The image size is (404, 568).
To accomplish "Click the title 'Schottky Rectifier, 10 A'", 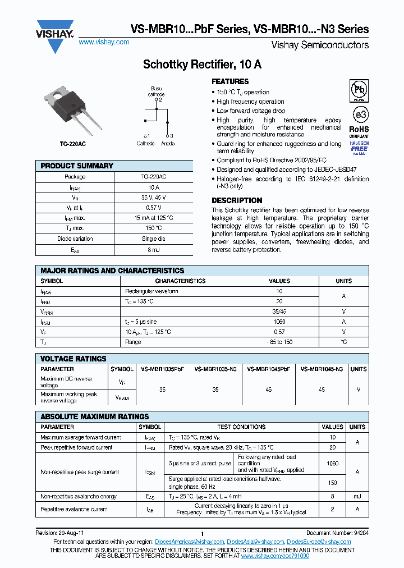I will click(x=202, y=65).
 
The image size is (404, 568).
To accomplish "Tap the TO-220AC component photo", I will click(x=69, y=110).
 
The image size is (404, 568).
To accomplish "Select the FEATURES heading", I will click(x=230, y=81).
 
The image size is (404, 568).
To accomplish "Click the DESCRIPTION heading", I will click(x=237, y=200).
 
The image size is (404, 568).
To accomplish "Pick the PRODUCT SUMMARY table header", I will click(x=77, y=166).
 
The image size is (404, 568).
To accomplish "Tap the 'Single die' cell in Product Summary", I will click(x=153, y=239).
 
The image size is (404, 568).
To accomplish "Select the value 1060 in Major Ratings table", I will click(x=279, y=322).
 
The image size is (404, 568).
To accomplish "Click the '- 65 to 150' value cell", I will click(x=279, y=342).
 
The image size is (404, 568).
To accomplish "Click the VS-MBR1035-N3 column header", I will click(x=215, y=369).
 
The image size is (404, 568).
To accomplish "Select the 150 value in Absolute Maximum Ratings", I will click(x=332, y=483).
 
